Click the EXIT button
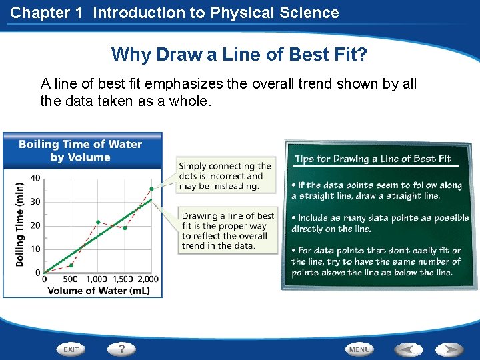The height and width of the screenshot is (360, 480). [x=71, y=349]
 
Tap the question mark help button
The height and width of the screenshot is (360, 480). [x=121, y=349]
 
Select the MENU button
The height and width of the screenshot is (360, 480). [x=359, y=349]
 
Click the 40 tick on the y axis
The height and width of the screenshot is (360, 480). [x=35, y=178]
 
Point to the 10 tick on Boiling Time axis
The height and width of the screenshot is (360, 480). [x=35, y=249]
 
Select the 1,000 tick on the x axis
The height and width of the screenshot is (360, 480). [x=97, y=279]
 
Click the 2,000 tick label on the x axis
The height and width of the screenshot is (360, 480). [x=147, y=279]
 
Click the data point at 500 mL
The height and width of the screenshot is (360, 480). [x=71, y=265]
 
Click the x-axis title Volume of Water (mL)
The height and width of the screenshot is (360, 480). [x=98, y=290]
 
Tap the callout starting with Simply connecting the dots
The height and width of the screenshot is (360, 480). [x=225, y=176]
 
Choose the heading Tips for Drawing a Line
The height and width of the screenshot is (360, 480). [x=373, y=159]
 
